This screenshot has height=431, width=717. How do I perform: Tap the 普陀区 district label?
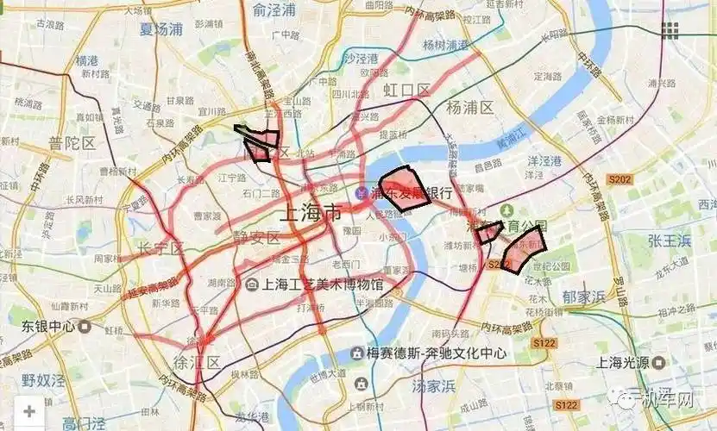(x=72, y=143)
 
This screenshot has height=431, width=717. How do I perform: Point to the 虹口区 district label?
(x=406, y=90)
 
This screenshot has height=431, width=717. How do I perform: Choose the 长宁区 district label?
(x=161, y=249)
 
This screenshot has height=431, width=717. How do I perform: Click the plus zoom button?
(x=29, y=411)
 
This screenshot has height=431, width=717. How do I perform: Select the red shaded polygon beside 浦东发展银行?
(x=404, y=188)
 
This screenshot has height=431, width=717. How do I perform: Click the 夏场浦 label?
(x=161, y=28)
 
